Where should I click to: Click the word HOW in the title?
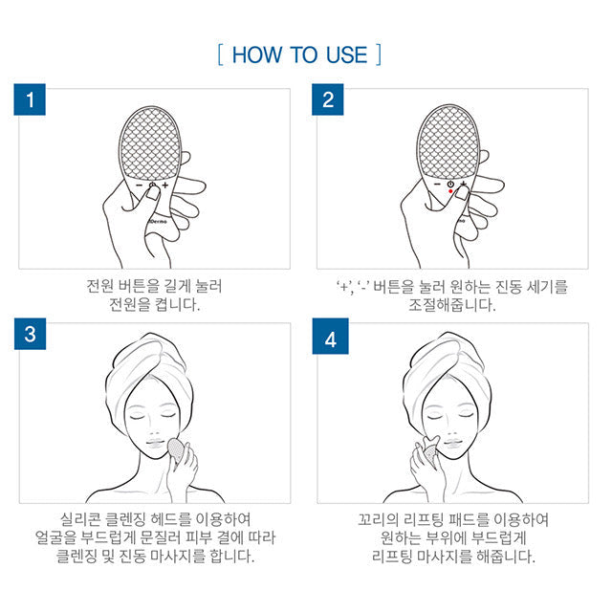point(256,55)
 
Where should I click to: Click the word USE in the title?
point(346,55)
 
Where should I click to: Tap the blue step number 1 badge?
point(30,99)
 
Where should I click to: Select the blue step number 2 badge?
point(327,99)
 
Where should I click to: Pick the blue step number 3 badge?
point(30,334)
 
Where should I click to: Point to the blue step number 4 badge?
point(330,337)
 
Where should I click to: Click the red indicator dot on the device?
point(450,191)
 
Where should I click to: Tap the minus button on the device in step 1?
point(139,185)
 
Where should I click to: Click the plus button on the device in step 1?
point(165,185)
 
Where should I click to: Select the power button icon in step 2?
point(450,184)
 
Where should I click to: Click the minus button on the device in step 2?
point(437,184)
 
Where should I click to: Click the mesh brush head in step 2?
point(448,143)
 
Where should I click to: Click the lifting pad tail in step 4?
point(431,445)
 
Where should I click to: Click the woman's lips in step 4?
point(452,444)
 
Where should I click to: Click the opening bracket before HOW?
point(221,55)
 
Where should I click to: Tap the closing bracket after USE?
point(378,55)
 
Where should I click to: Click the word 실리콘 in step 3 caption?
point(78,519)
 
